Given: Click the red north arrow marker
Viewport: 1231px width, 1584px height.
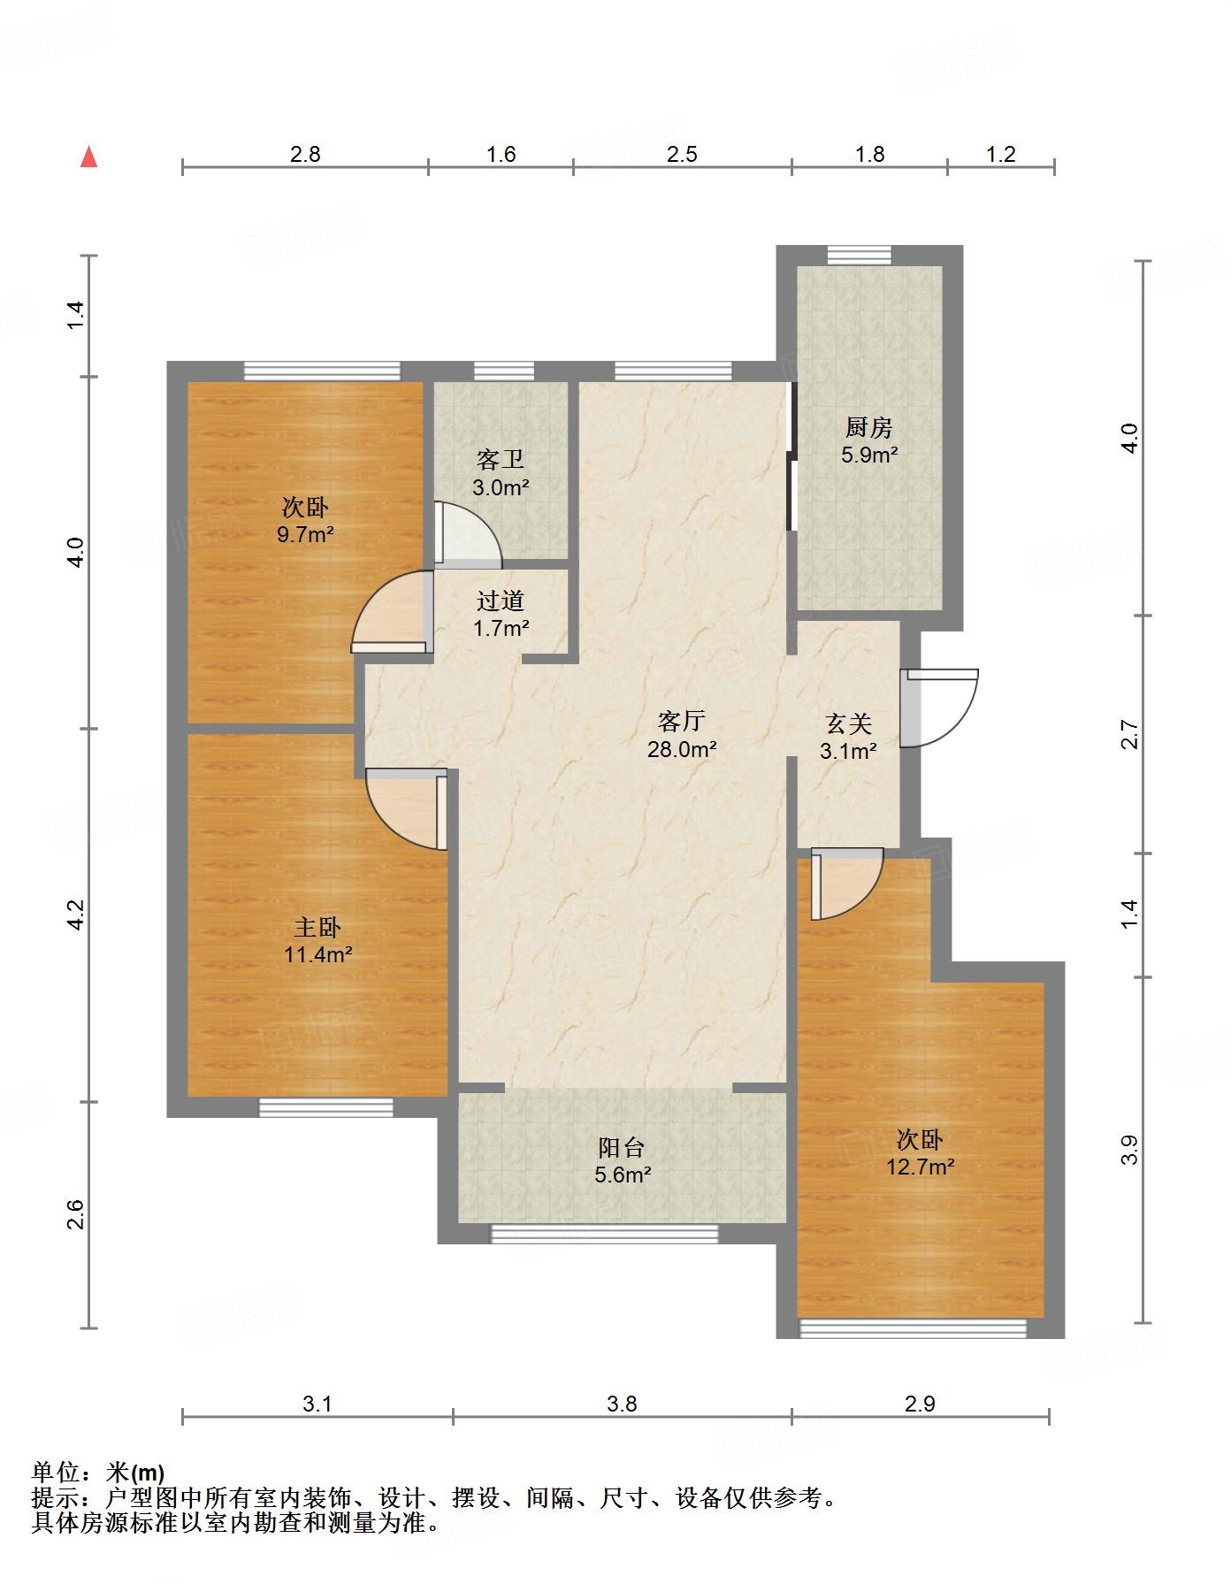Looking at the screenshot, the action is point(88,157).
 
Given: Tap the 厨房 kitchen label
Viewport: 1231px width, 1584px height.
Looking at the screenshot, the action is point(868,428).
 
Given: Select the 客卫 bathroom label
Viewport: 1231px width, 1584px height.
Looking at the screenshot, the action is point(501,459).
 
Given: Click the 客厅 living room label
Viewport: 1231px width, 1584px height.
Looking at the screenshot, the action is point(681,721).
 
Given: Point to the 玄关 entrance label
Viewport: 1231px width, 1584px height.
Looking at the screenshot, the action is point(849,724).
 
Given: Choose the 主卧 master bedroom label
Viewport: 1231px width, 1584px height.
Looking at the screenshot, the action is point(317,927).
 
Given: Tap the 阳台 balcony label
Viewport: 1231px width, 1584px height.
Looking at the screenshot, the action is point(622,1148).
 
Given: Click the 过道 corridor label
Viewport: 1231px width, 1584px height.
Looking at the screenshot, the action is point(501,601).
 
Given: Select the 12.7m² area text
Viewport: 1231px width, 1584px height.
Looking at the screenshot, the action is point(921,1167).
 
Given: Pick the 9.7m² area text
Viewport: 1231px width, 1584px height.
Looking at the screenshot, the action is point(305,534).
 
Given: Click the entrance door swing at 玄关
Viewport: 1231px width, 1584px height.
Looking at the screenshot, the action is point(939,708).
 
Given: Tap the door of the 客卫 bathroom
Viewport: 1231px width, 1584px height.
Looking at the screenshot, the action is point(468,534).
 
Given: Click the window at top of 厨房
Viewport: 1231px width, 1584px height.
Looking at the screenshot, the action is point(859,255).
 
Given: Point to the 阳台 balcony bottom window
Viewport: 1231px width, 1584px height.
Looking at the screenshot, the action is point(605,1233).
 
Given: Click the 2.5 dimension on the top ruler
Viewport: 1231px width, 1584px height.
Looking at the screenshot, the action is point(682,155).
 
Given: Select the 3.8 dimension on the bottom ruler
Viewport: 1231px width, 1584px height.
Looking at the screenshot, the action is point(622,1404).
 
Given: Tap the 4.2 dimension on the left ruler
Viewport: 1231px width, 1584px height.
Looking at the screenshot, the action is point(76,914).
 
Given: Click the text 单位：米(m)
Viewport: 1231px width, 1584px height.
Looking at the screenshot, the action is point(97,1473).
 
